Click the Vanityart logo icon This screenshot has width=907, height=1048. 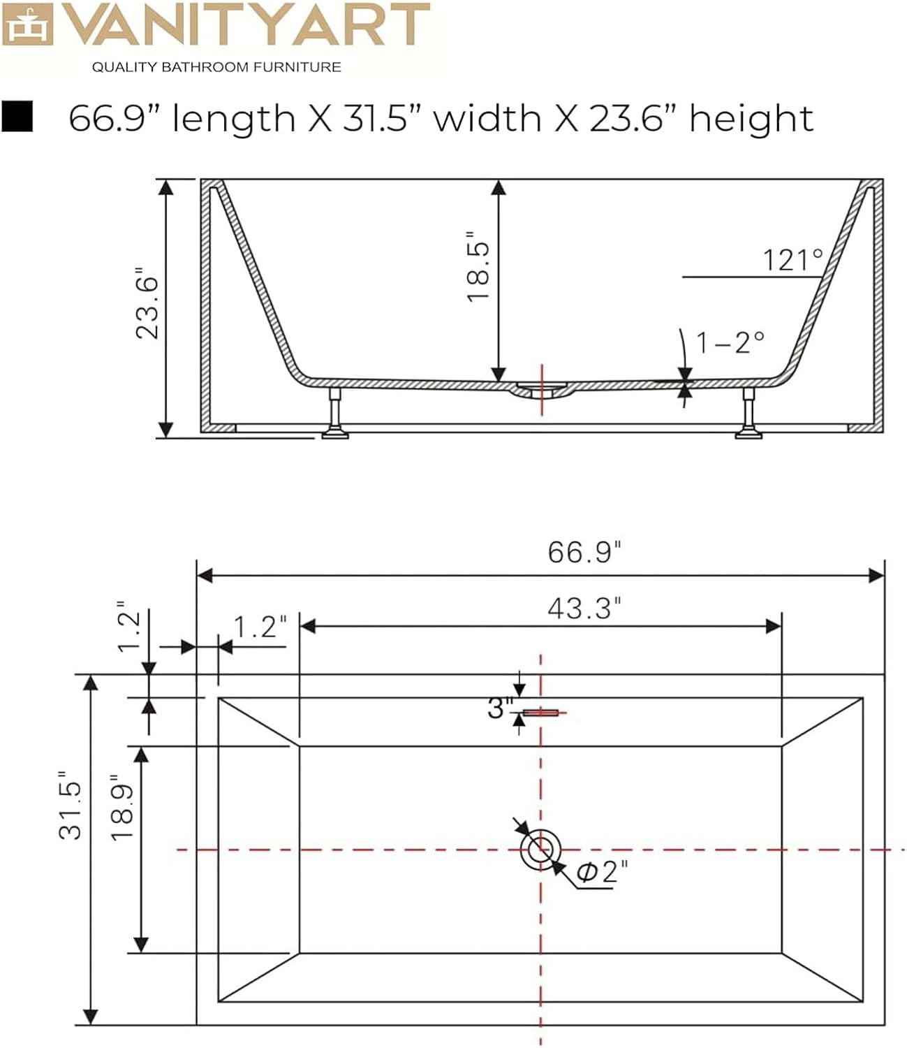click(x=27, y=24)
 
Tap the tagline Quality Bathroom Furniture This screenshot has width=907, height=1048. click(x=216, y=68)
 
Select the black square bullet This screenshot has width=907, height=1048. click(x=17, y=116)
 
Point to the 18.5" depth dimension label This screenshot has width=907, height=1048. click(x=478, y=267)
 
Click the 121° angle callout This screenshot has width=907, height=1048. click(x=793, y=260)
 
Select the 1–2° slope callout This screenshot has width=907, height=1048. click(x=730, y=343)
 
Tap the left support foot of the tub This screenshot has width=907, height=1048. click(x=335, y=413)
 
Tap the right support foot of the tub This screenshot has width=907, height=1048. click(x=749, y=413)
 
